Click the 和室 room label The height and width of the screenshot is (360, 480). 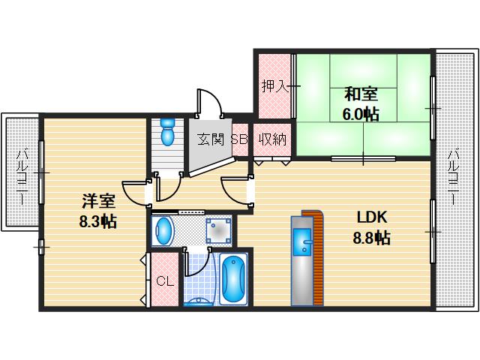pos(361,94)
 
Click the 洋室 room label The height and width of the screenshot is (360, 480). pos(97,200)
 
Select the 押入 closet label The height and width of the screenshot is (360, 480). pos(274,85)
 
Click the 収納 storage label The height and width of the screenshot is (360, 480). pos(272,139)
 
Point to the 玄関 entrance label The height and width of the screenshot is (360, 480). pos(211,139)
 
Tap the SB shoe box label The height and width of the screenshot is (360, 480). pos(239,139)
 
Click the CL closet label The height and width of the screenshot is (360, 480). pos(165,282)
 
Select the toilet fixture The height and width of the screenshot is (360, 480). pos(167,132)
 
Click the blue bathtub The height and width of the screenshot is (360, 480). pos(235,279)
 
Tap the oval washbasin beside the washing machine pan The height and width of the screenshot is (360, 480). pos(163,232)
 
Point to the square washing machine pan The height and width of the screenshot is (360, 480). pos(217,232)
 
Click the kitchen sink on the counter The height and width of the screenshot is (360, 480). pos(304,244)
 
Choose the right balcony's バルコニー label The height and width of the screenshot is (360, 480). pos(454,177)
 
